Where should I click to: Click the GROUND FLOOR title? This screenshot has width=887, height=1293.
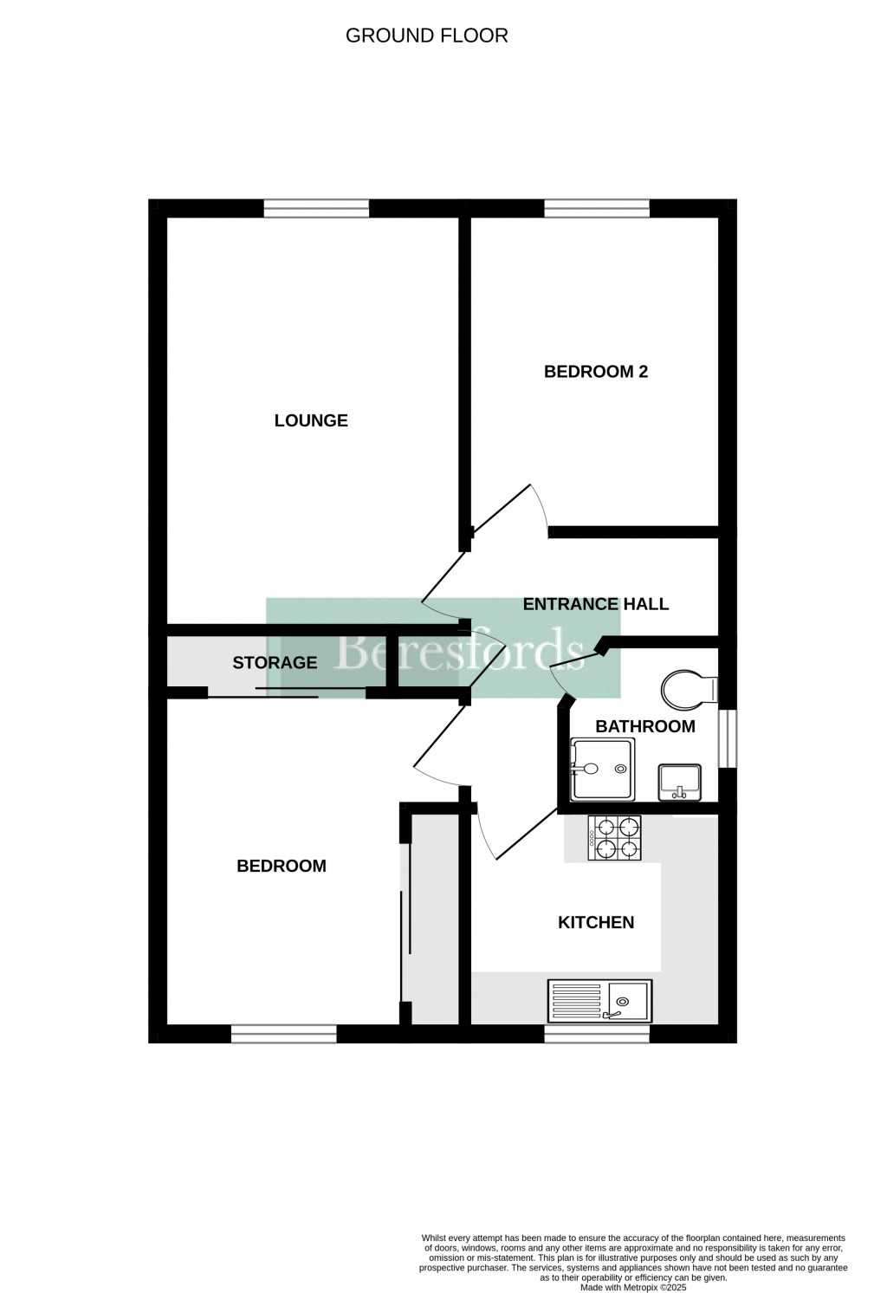[x=426, y=36]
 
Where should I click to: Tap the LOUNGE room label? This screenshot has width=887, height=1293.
[x=311, y=421]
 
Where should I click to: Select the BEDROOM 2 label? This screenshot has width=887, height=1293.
[x=596, y=372]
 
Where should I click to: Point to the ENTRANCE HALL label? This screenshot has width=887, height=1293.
[x=596, y=604]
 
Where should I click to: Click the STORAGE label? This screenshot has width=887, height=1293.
[x=275, y=663]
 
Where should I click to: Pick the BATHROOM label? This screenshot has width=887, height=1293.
[x=645, y=726]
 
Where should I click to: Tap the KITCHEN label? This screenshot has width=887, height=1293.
[x=596, y=922]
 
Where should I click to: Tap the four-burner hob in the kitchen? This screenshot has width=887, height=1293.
[x=617, y=838]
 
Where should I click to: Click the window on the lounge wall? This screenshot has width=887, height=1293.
[x=316, y=208]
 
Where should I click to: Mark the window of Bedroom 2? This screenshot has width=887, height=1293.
[x=597, y=208]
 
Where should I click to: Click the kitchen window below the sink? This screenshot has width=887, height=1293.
[x=597, y=1034]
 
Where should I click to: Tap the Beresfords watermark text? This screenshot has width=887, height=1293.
[x=458, y=649]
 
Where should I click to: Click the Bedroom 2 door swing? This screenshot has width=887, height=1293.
[x=520, y=511]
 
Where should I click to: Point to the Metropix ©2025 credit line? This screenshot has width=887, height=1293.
[x=632, y=1287]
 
